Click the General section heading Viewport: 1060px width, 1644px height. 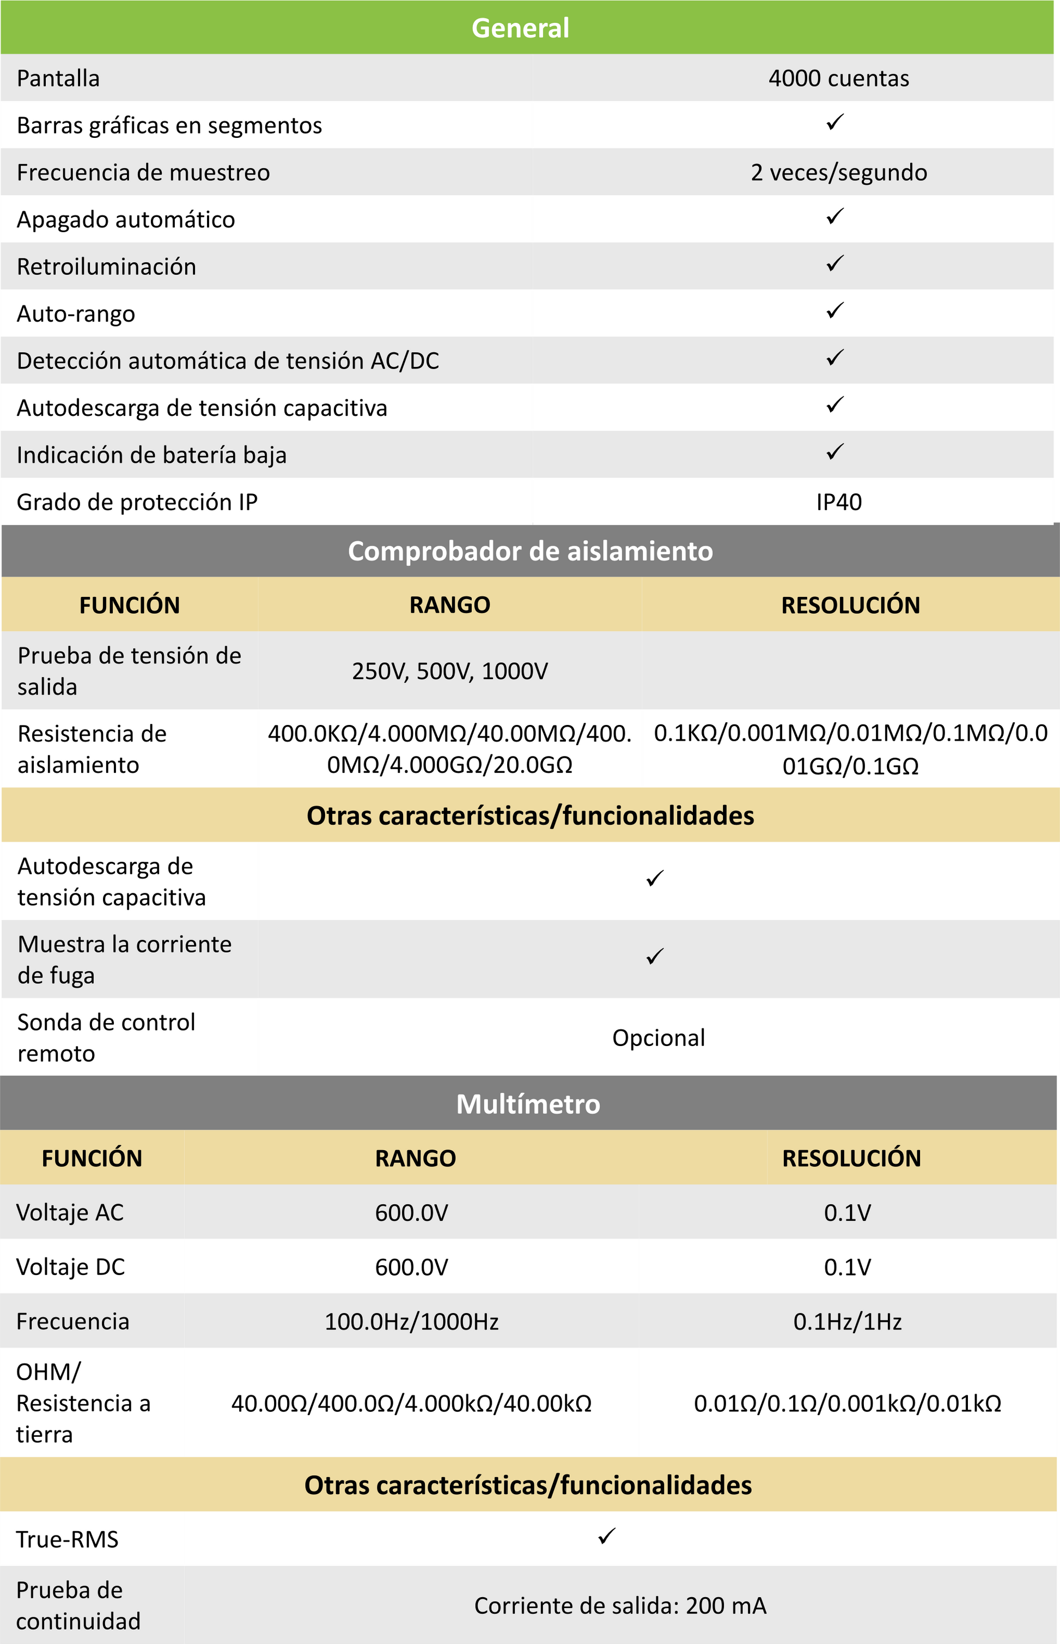point(520,28)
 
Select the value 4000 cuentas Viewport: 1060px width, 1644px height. point(838,78)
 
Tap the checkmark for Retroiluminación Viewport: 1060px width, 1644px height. point(835,264)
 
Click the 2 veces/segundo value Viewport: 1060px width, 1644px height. point(838,172)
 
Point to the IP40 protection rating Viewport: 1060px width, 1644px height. point(838,502)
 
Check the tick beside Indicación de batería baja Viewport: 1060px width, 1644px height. point(835,452)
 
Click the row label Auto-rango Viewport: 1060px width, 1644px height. point(76,314)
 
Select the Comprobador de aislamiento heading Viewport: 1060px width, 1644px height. point(530,551)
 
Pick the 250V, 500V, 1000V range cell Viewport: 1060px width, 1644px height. point(449,671)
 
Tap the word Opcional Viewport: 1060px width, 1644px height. point(658,1037)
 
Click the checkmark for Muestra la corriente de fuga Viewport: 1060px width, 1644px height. point(655,956)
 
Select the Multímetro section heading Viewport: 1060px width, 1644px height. point(528,1104)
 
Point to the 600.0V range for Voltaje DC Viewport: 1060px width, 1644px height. point(412,1267)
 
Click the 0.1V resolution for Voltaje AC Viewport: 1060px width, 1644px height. point(848,1212)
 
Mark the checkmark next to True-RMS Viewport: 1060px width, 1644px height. point(606,1536)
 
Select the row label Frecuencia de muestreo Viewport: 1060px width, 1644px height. point(143,172)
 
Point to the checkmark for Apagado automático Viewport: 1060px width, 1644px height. point(835,217)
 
